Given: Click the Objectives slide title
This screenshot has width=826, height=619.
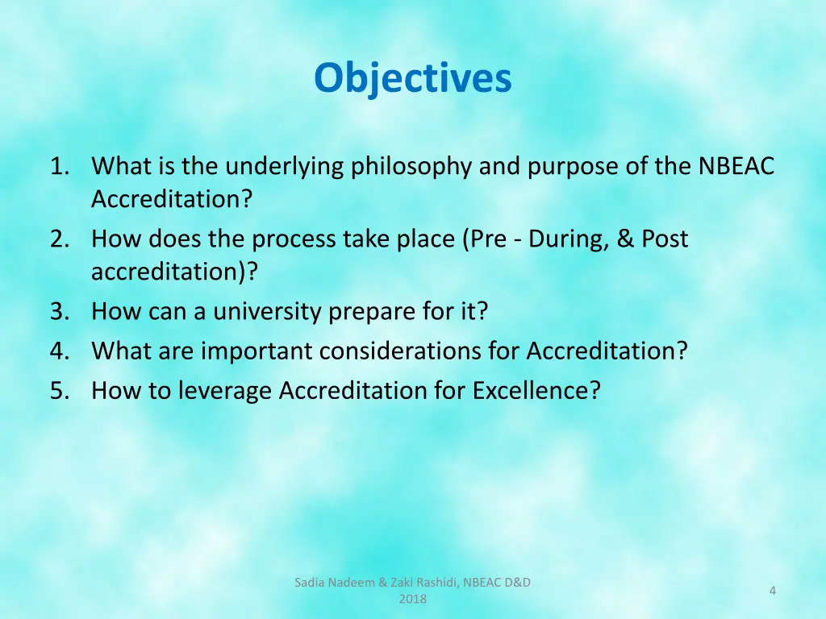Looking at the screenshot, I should (x=412, y=79).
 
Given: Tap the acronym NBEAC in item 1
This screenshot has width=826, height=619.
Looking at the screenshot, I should (x=736, y=167).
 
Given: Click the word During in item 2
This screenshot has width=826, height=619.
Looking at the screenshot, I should (x=564, y=239).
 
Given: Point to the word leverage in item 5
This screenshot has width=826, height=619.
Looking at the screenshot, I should (x=225, y=391).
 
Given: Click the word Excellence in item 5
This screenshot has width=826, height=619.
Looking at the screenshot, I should (x=536, y=390).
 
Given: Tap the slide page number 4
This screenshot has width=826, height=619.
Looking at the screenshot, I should (x=772, y=592).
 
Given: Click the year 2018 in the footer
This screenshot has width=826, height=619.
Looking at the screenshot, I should (x=412, y=599).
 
